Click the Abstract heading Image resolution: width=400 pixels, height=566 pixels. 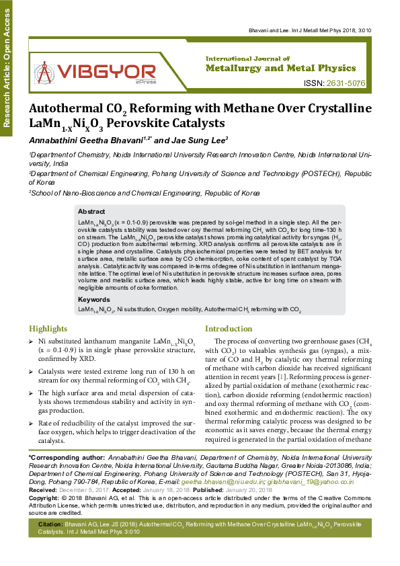[x=91, y=211]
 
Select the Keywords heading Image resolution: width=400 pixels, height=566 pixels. [x=93, y=299]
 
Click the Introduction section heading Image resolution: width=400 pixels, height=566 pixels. [x=228, y=329]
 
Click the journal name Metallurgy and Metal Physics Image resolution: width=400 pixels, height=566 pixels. [x=280, y=69]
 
